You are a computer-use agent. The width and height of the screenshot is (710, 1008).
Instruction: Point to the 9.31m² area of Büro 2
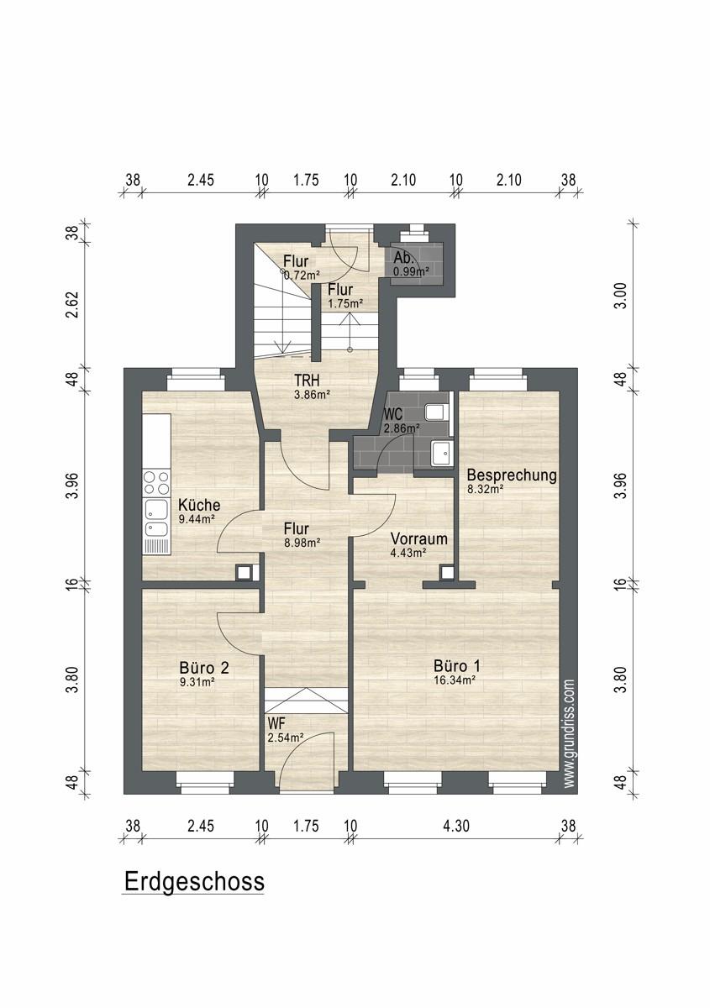[x=197, y=682]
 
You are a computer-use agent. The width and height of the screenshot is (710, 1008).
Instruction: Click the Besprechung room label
[x=512, y=475]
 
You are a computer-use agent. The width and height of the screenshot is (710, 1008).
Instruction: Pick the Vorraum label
[x=418, y=538]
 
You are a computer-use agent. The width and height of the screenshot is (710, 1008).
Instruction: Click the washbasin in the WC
[x=440, y=453]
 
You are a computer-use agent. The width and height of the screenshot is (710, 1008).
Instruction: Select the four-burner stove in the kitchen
[x=156, y=482]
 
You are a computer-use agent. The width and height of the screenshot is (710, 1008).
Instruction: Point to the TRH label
[x=307, y=381]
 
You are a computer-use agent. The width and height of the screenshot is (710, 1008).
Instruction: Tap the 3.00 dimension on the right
[x=621, y=295]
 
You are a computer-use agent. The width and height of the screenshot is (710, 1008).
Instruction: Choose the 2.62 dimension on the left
[x=72, y=305]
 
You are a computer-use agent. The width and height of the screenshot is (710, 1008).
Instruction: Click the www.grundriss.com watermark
[x=570, y=733]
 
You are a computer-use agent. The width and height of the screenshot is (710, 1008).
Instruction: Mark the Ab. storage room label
[x=404, y=259]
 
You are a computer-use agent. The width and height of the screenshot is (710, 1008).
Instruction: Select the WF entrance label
[x=275, y=723]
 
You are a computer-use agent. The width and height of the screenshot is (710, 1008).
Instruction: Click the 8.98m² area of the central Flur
[x=302, y=543]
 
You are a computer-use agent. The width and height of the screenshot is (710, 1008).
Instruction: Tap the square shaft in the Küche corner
[x=244, y=572]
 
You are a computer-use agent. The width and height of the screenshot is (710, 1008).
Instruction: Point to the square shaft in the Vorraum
[x=447, y=572]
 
